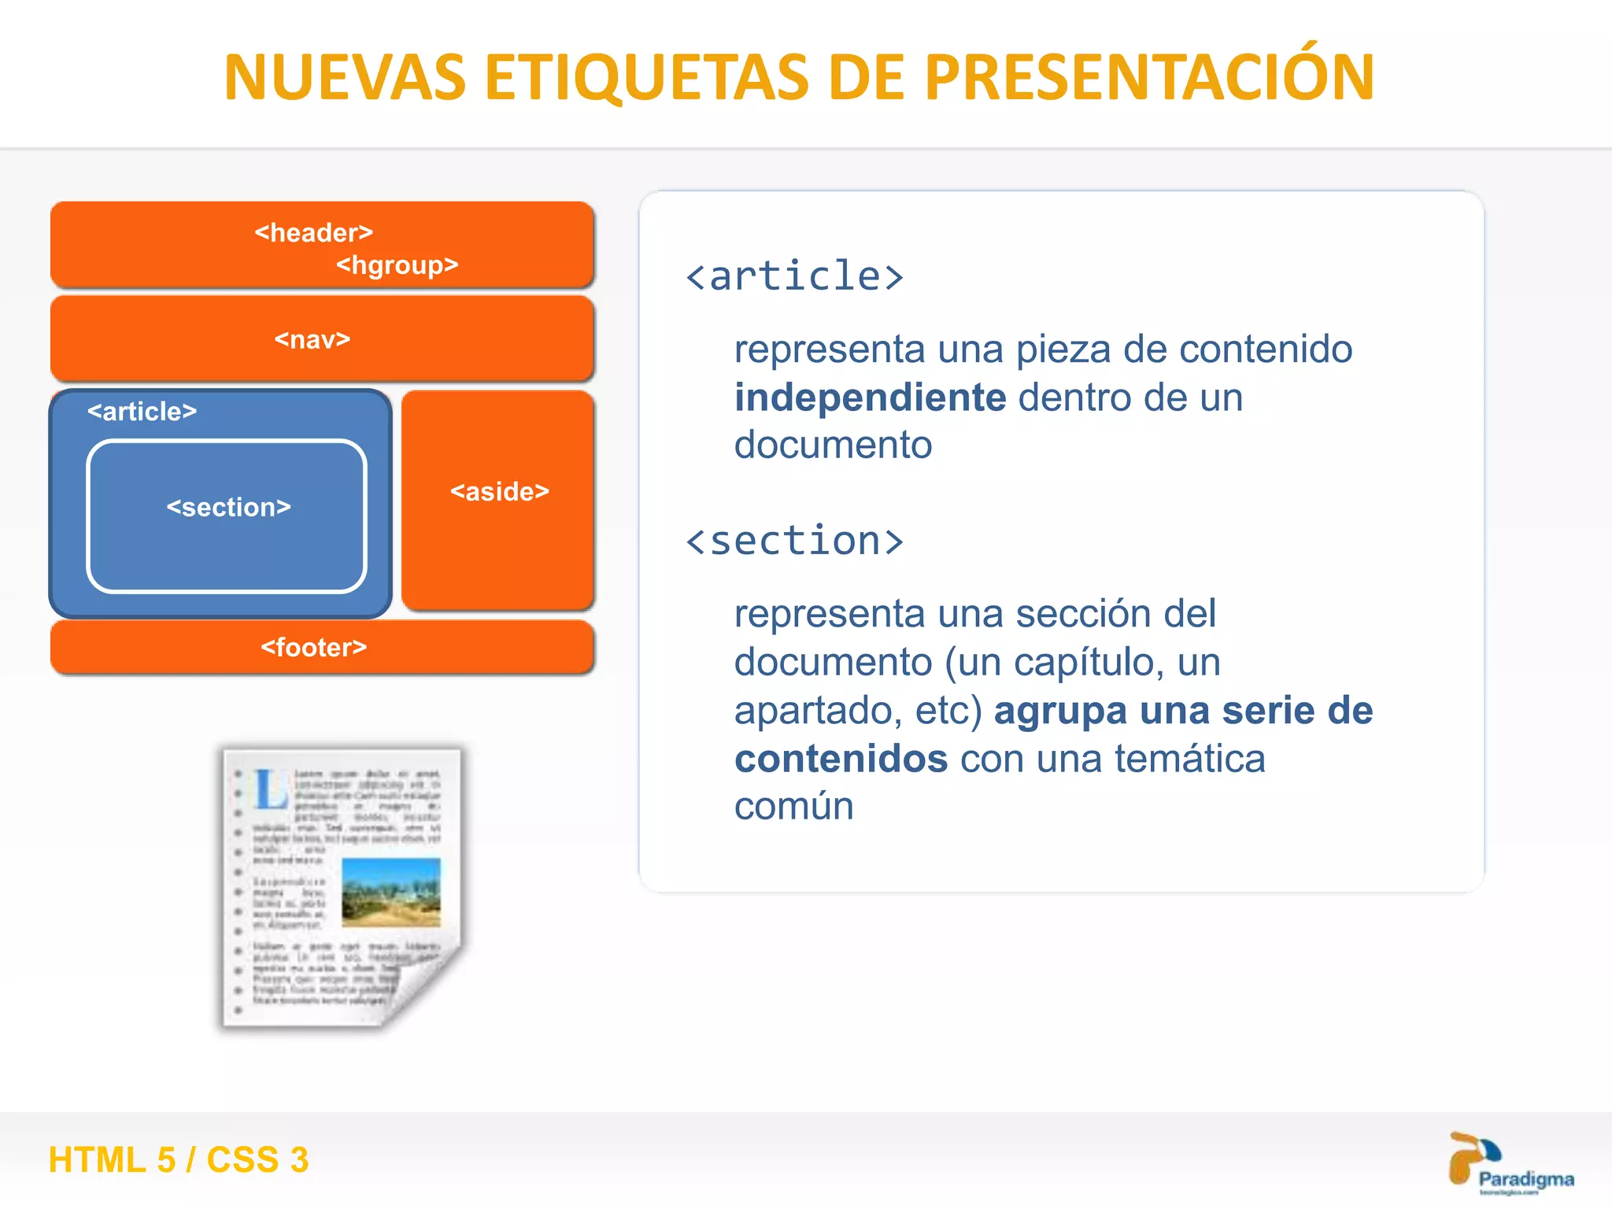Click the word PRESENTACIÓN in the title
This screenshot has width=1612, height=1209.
1148,79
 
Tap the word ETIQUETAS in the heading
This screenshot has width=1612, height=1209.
646,79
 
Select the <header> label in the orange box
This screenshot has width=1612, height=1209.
313,233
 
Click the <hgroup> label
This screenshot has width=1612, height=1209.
397,265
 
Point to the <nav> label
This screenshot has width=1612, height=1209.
312,340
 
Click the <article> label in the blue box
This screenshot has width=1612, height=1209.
142,412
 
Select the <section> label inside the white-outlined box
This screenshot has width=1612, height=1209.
228,508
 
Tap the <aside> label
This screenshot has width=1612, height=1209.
499,492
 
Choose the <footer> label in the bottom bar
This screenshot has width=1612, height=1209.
313,648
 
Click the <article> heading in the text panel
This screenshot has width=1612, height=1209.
794,277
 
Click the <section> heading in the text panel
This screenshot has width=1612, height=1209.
794,542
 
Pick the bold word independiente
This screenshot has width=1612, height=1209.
870,397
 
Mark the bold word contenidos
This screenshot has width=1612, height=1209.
841,760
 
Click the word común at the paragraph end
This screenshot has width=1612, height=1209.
793,808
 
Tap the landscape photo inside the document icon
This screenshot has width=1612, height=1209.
391,892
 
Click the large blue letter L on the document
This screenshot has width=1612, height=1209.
270,789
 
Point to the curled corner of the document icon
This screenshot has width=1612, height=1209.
421,992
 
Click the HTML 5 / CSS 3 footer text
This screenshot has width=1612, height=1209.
179,1160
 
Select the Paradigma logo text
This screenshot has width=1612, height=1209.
1525,1178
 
